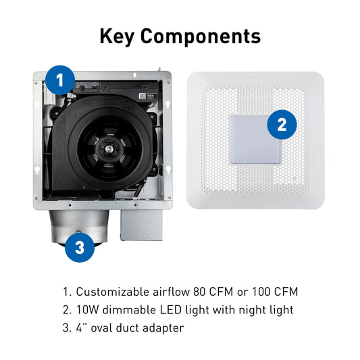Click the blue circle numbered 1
pyautogui.click(x=60, y=80)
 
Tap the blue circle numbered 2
pyautogui.click(x=282, y=125)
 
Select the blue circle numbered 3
pyautogui.click(x=80, y=247)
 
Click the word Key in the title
pyautogui.click(x=117, y=36)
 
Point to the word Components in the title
pyautogui.click(x=201, y=36)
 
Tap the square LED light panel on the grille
pyautogui.click(x=255, y=139)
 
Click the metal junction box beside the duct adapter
pyautogui.click(x=141, y=225)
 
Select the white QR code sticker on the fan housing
pyautogui.click(x=143, y=96)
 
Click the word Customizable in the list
pyautogui.click(x=113, y=292)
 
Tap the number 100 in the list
pyautogui.click(x=261, y=292)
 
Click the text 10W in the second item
pyautogui.click(x=87, y=310)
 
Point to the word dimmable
pyautogui.click(x=129, y=310)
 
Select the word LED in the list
pyautogui.click(x=171, y=310)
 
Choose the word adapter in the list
pyautogui.click(x=163, y=328)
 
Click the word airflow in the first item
pyautogui.click(x=171, y=292)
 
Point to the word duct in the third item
pyautogui.click(x=127, y=328)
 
